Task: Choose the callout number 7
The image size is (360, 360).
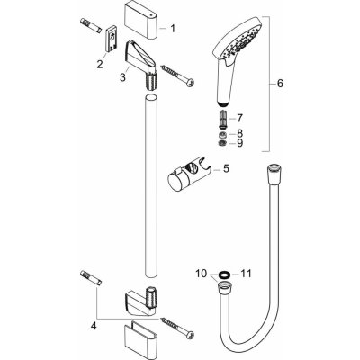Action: point(239,119)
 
